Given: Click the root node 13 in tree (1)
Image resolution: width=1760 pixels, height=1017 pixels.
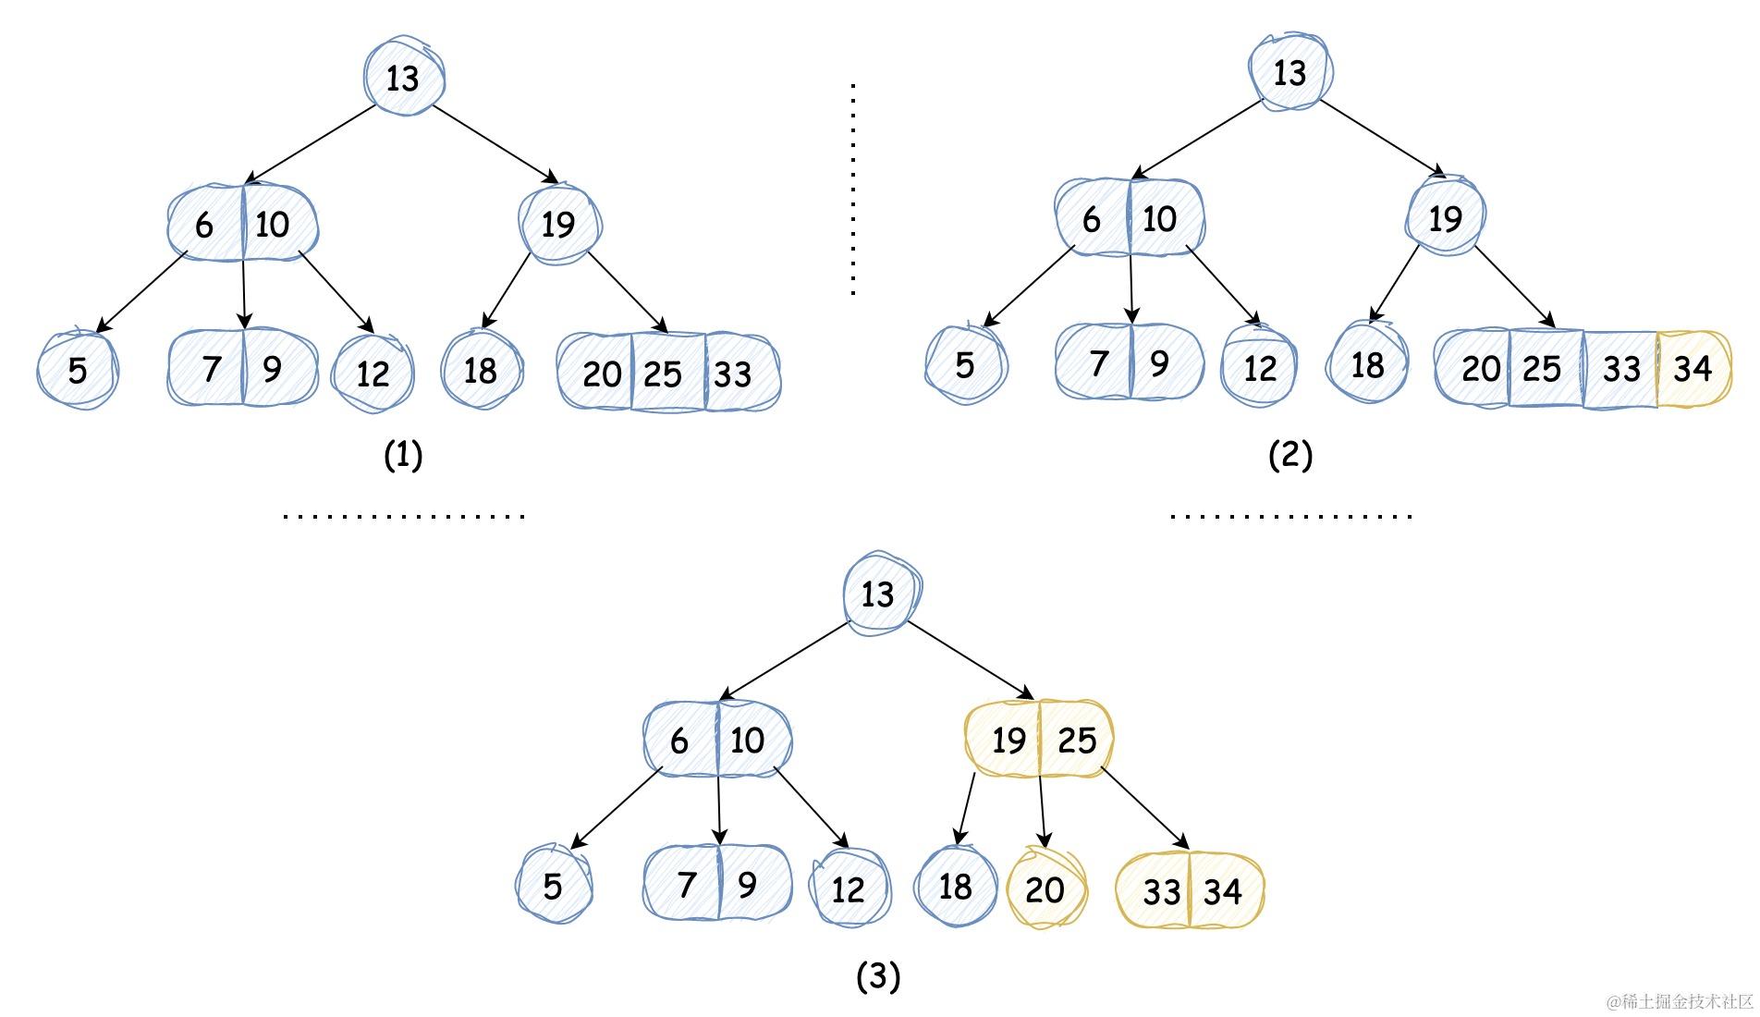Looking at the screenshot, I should coord(403,78).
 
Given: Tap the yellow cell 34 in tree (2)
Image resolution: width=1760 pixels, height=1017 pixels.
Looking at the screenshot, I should coord(1693,369).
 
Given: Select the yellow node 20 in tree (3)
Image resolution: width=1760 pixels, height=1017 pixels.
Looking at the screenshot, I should coord(1045,889).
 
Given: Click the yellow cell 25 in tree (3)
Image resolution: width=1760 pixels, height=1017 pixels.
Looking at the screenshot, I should coord(1077,740).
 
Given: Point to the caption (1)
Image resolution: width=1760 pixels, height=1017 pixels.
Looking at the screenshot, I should coord(403,455).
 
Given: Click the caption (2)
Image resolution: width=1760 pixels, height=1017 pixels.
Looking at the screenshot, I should coord(1290,455).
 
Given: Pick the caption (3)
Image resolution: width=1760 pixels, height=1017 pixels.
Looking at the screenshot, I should coord(878,975).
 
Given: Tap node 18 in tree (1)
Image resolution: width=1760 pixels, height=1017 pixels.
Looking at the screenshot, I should coord(481,371).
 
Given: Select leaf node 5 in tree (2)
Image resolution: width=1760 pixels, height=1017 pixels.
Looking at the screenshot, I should coord(965,365).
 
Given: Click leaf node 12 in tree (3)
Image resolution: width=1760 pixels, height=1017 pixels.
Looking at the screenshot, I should coord(848,889).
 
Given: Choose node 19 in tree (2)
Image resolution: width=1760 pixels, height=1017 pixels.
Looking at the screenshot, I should coord(1445,219).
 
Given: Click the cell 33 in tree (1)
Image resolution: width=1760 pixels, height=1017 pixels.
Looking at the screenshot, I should coord(733,374).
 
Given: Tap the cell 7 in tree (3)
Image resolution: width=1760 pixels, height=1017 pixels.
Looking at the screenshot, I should coord(686,885).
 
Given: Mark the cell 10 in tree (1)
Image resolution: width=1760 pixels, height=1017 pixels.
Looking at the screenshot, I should coord(273,225).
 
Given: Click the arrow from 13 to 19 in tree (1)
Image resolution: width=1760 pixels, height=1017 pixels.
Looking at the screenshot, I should coord(495,143).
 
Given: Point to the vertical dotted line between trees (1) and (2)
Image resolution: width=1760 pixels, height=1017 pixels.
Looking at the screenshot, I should coord(853,190).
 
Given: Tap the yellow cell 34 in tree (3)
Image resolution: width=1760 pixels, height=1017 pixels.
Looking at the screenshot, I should coord(1223,891).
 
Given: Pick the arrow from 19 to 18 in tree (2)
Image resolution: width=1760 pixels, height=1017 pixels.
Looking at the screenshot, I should coord(1395,283).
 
